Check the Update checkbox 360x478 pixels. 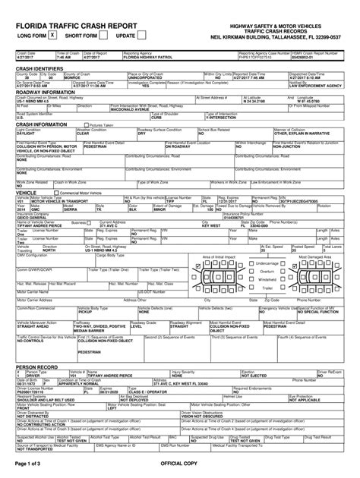(142, 36)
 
